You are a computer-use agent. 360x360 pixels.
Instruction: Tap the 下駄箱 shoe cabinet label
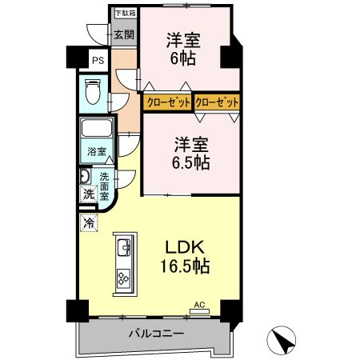tap(123, 13)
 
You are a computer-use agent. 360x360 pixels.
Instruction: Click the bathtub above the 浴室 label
tap(97, 130)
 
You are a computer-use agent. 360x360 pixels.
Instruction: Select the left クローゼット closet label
tap(167, 102)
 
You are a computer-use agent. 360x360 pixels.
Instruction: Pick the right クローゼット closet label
tap(217, 102)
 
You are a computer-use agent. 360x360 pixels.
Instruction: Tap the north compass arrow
tap(282, 342)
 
